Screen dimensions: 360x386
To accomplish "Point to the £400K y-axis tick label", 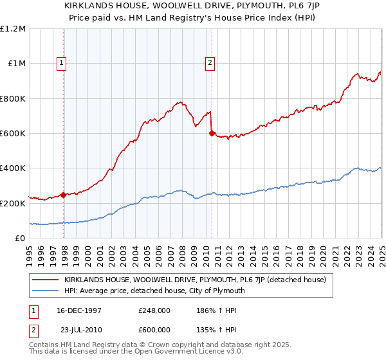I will click(x=13, y=168).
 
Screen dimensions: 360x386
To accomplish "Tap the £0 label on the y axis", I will click(x=21, y=238).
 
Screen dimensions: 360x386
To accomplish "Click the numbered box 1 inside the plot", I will click(x=62, y=63).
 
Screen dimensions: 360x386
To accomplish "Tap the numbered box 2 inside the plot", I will click(x=210, y=63).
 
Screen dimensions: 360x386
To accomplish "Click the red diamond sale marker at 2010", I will click(x=212, y=134).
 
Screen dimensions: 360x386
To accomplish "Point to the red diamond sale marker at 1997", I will click(x=64, y=195).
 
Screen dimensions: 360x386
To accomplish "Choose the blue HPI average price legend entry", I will click(x=154, y=291).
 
